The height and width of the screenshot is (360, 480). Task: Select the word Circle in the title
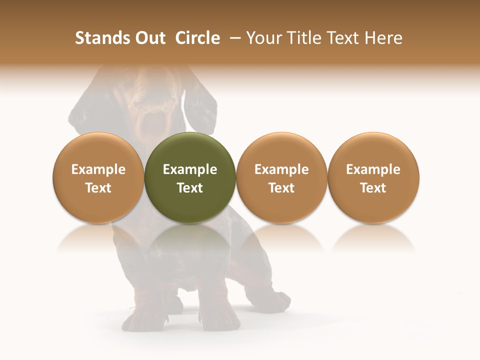click(197, 38)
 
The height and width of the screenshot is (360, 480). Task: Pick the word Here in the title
click(383, 38)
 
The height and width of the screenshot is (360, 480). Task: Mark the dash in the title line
click(233, 38)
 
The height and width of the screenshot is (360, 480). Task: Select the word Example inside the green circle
click(190, 169)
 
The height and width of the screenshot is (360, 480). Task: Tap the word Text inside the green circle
click(190, 188)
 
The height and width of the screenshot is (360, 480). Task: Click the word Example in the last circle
click(373, 169)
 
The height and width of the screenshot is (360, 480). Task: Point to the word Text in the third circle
click(281, 188)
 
